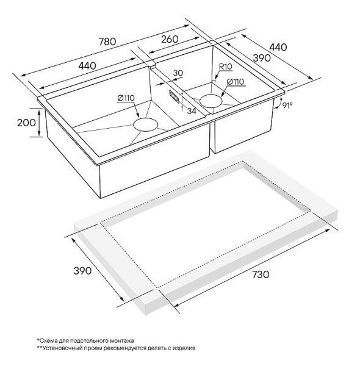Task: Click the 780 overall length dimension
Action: click(107, 41)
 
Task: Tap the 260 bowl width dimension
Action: click(170, 39)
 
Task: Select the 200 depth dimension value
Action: click(27, 123)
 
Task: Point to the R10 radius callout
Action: click(226, 66)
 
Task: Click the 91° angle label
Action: click(287, 106)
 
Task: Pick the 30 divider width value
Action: click(178, 73)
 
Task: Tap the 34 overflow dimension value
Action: click(192, 111)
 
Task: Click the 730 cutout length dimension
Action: click(261, 274)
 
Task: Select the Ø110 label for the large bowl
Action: click(126, 98)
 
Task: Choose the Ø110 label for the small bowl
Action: click(236, 82)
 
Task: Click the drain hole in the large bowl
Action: click(145, 124)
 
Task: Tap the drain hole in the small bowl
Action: click(211, 101)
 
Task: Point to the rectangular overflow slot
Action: click(174, 96)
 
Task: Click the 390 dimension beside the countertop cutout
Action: click(82, 271)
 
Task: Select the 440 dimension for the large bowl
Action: click(87, 66)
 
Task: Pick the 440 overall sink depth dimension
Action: click(278, 47)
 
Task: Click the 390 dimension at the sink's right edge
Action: click(262, 58)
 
